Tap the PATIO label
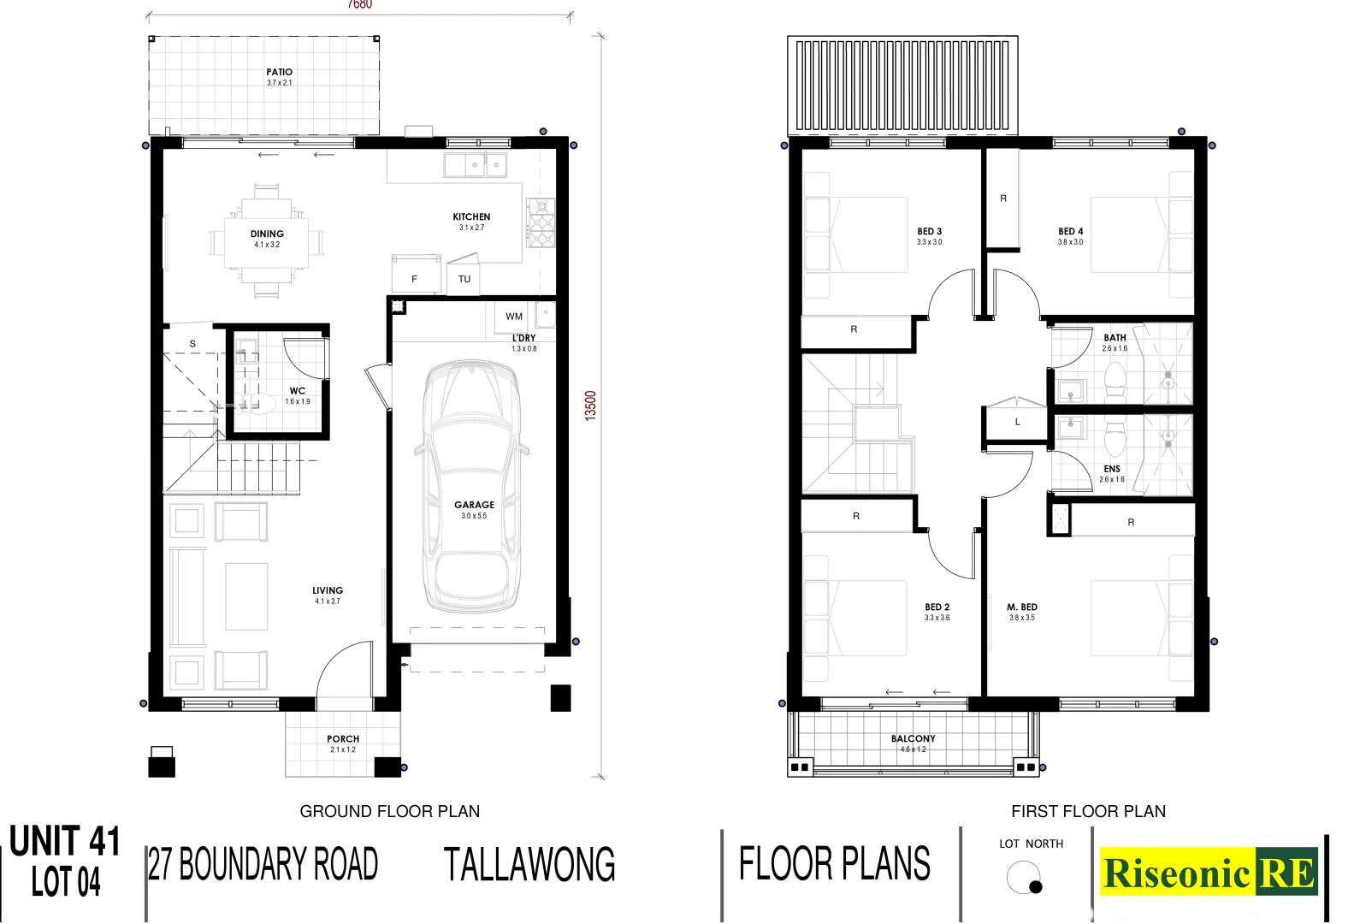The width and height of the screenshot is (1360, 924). click(279, 73)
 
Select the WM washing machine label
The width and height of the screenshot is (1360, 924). click(513, 317)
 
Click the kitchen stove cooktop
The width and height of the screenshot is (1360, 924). click(541, 222)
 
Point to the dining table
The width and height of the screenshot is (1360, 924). click(267, 240)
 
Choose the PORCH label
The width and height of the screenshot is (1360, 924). click(343, 739)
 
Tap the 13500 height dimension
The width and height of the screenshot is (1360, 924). click(590, 406)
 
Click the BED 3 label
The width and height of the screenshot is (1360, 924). click(929, 232)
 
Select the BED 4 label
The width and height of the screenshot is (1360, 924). click(1070, 232)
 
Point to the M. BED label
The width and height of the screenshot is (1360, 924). click(1021, 607)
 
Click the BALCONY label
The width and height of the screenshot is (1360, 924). click(913, 739)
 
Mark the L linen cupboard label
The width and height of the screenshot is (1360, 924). click(1017, 423)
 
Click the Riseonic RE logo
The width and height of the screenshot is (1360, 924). click(1208, 873)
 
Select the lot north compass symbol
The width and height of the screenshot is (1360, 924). click(1024, 878)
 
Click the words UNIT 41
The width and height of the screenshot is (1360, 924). click(65, 842)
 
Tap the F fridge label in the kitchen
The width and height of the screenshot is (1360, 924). click(414, 280)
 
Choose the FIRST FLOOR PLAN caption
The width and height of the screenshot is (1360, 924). click(1088, 811)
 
